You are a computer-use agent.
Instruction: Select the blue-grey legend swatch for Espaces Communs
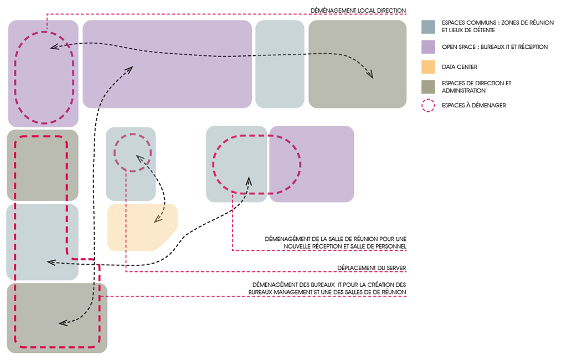click(428, 26)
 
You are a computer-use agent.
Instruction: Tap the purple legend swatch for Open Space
click(428, 47)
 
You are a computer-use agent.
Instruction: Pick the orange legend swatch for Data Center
click(428, 67)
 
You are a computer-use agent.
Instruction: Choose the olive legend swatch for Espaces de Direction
click(428, 87)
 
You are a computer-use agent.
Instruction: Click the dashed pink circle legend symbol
click(428, 105)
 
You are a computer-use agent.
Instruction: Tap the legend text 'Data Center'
click(460, 67)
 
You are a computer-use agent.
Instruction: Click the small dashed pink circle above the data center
click(133, 151)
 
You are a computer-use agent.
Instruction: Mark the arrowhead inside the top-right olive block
click(369, 74)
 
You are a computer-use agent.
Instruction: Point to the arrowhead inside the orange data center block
click(157, 220)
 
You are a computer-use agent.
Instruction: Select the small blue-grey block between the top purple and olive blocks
click(280, 64)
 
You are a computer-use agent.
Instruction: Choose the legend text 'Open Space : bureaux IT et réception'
click(494, 47)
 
